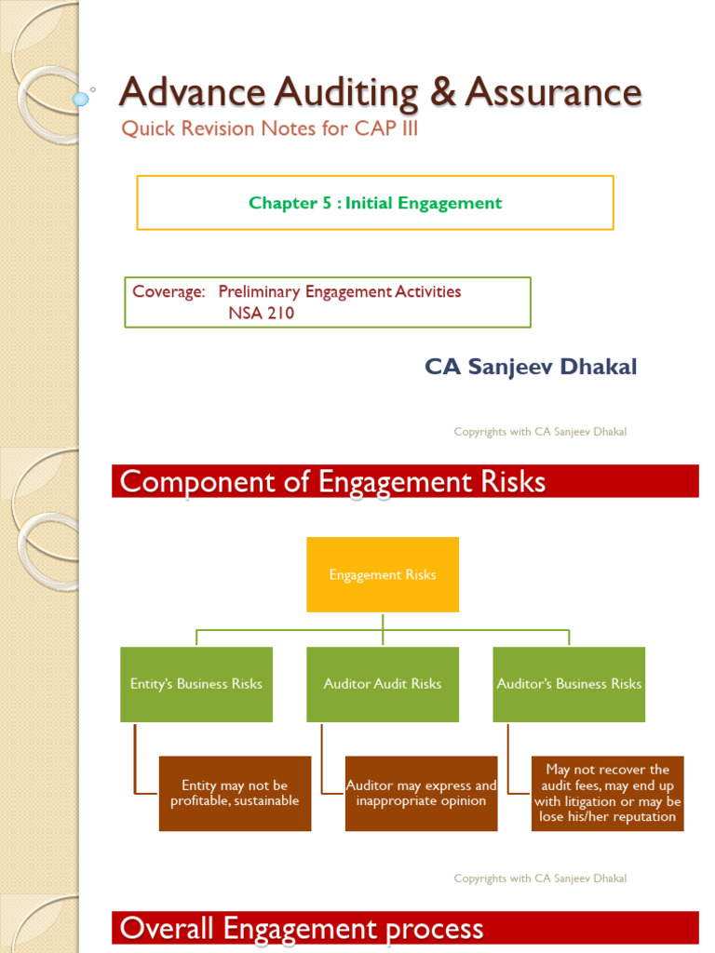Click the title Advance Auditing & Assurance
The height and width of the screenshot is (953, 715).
tap(380, 92)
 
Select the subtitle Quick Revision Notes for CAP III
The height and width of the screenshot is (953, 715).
tap(270, 128)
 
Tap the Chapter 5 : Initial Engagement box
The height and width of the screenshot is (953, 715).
tap(375, 203)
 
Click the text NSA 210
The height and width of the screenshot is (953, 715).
tap(261, 314)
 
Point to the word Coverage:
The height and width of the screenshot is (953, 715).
tap(169, 291)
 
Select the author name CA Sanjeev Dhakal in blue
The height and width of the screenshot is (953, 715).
tap(531, 367)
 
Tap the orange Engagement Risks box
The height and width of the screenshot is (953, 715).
tap(383, 574)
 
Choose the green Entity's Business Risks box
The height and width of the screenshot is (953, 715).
tap(196, 684)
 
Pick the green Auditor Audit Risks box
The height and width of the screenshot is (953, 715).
tap(383, 684)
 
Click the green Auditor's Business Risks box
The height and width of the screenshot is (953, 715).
tap(569, 684)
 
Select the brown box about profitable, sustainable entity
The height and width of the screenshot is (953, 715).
tap(235, 793)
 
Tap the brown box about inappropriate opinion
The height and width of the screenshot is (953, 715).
tap(421, 793)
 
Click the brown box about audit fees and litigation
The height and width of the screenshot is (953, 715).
tap(607, 793)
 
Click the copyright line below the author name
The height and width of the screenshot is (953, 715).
tap(540, 432)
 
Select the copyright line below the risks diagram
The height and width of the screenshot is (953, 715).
tap(540, 879)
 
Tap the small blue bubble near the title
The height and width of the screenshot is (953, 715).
tap(81, 98)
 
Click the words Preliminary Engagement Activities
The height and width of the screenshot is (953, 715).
tap(340, 291)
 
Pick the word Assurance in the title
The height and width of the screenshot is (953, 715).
tap(553, 92)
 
